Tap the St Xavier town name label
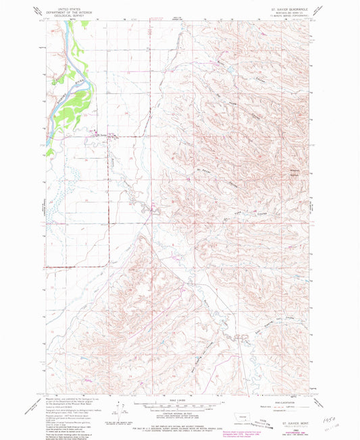pyautogui.click(x=101, y=135)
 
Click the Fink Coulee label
pyautogui.click(x=240, y=217)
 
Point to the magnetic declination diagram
pyautogui.click(x=119, y=407)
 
